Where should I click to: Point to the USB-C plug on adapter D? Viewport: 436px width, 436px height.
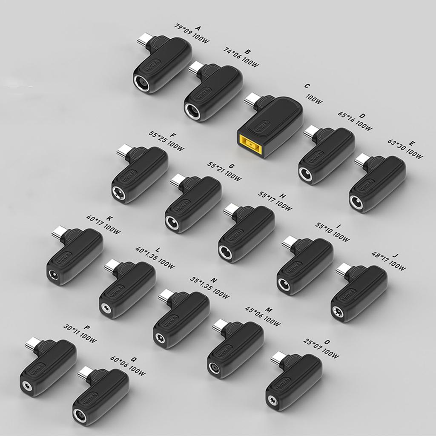pyautogui.click(x=311, y=132)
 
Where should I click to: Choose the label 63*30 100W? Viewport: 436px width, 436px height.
pyautogui.click(x=405, y=149)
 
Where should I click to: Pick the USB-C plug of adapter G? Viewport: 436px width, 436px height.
pyautogui.click(x=177, y=180)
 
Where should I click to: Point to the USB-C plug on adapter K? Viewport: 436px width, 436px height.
pyautogui.click(x=59, y=233)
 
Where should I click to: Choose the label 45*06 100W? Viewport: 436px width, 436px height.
pyautogui.click(x=262, y=316)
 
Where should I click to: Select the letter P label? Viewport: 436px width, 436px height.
pyautogui.click(x=87, y=327)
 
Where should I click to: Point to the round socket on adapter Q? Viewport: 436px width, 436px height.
pyautogui.click(x=80, y=416)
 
